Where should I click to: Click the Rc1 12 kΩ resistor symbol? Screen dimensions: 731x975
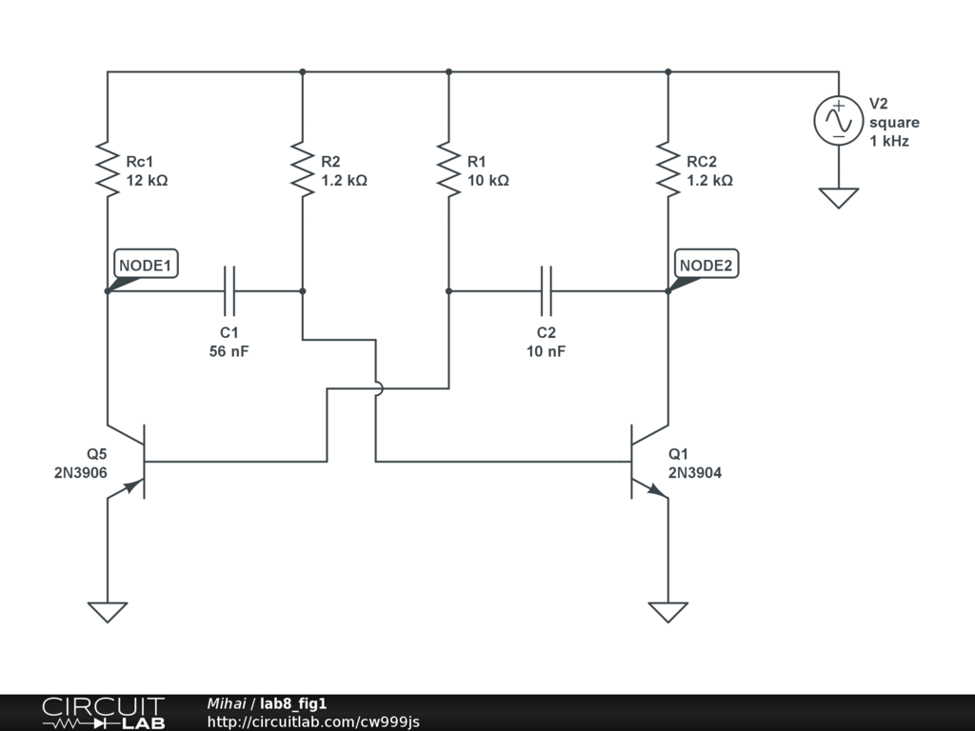(108, 169)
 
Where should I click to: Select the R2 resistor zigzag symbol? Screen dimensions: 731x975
(302, 169)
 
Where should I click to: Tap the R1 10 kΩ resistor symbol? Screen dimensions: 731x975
(448, 169)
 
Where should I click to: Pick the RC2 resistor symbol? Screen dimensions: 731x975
(667, 169)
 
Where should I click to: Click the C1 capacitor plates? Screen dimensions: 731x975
(229, 290)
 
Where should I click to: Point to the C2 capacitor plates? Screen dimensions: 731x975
(547, 290)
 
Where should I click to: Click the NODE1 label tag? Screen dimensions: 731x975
(146, 265)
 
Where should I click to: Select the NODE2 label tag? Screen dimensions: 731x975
(706, 265)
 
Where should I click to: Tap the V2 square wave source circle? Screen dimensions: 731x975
(839, 121)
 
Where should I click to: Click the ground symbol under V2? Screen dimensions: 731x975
(839, 198)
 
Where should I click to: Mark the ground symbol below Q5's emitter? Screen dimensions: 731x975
(108, 611)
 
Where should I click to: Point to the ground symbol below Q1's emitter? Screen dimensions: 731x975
(667, 611)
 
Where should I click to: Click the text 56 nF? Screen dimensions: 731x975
(229, 351)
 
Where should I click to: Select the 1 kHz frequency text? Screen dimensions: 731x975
(889, 141)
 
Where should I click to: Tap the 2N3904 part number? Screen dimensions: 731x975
(695, 472)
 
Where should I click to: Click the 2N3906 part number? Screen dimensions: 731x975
(81, 472)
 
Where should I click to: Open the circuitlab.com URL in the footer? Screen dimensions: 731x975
(313, 721)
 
